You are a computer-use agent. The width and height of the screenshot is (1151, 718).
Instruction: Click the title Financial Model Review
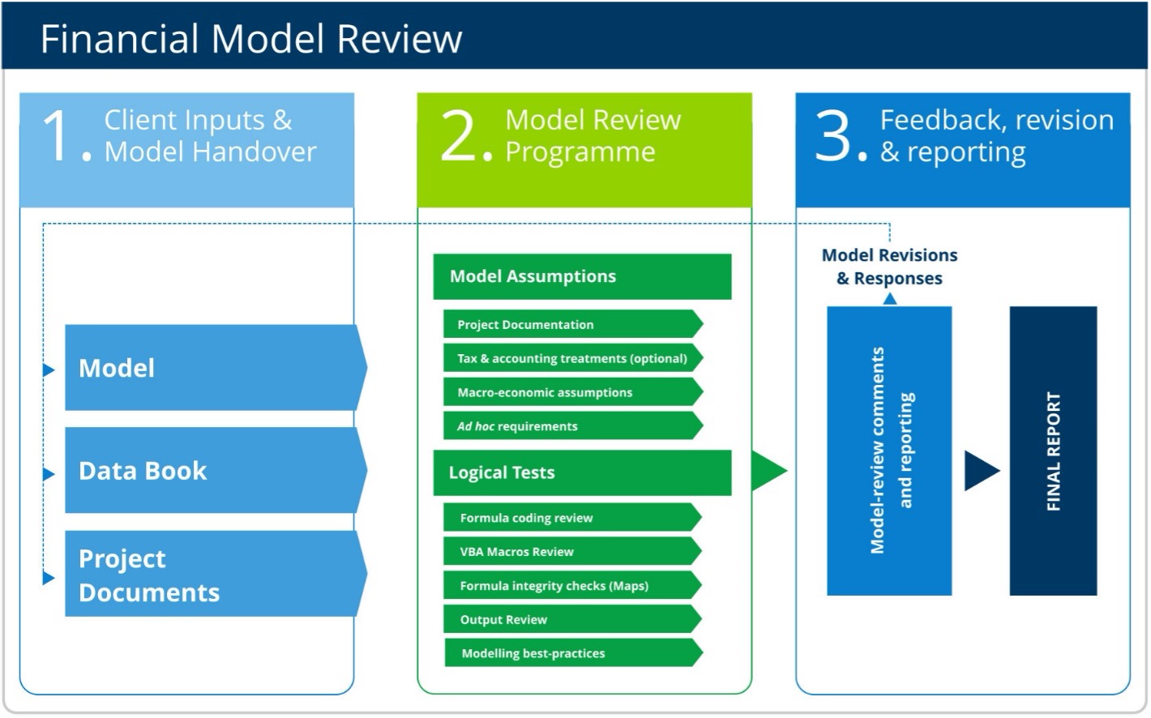tap(250, 38)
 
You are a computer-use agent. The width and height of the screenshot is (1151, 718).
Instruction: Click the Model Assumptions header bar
tap(581, 276)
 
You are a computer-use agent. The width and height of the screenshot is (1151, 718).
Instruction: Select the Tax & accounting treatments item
tap(571, 358)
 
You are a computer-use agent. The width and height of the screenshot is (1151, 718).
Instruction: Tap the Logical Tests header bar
tap(581, 472)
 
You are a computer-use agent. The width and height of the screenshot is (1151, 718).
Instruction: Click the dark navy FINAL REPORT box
tap(1053, 451)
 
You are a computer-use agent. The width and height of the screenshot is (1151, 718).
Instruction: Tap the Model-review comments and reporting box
tap(889, 451)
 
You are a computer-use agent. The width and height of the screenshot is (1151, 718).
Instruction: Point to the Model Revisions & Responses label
tap(889, 267)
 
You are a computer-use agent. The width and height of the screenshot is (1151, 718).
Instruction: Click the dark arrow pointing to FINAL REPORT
tap(980, 471)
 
